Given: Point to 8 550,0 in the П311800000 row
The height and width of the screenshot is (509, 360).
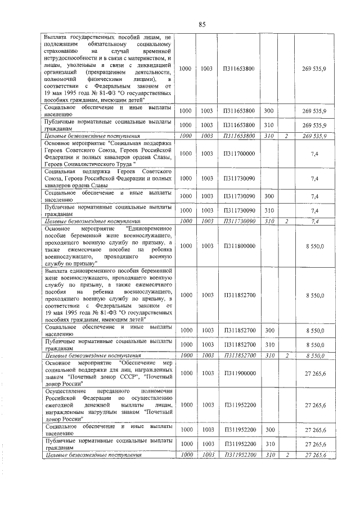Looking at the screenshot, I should click(314, 246).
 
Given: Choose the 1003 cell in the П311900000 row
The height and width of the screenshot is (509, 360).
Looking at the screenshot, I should click(206, 372).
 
